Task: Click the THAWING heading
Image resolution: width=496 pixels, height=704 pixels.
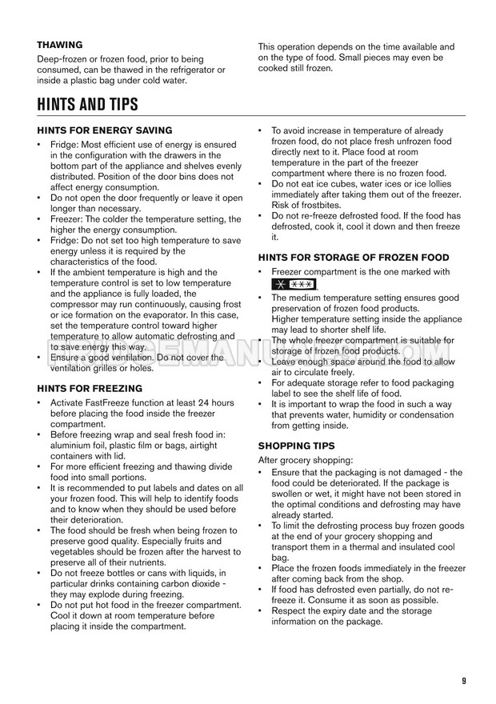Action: [60, 45]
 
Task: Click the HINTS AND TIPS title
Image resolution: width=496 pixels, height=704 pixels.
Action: [87, 104]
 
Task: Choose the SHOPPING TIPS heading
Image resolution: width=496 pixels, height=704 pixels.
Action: [296, 445]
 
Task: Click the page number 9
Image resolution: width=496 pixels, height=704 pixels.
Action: [464, 680]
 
